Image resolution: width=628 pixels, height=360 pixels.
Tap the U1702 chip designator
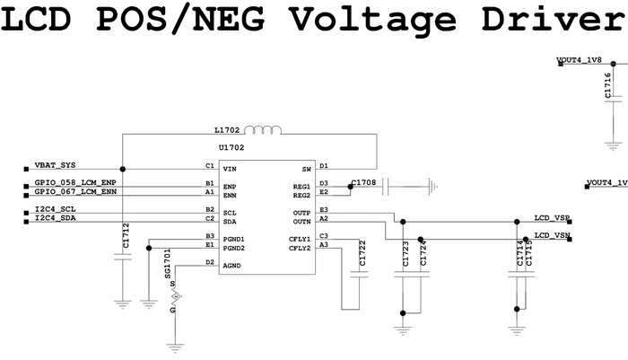point(231,146)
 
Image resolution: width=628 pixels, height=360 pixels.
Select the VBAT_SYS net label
point(56,166)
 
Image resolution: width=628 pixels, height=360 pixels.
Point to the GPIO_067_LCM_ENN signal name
point(75,192)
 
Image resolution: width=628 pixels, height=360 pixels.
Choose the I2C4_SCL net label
point(56,211)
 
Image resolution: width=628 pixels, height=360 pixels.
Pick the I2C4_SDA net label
point(56,219)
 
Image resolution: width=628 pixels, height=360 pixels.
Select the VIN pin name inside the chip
point(230,168)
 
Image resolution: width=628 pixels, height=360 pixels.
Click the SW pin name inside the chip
point(305,168)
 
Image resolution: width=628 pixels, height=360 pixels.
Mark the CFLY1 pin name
point(299,238)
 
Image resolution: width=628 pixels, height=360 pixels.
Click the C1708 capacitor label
point(363,182)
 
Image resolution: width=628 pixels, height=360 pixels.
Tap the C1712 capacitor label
point(126,236)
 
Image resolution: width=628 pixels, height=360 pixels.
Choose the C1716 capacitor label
point(608,84)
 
